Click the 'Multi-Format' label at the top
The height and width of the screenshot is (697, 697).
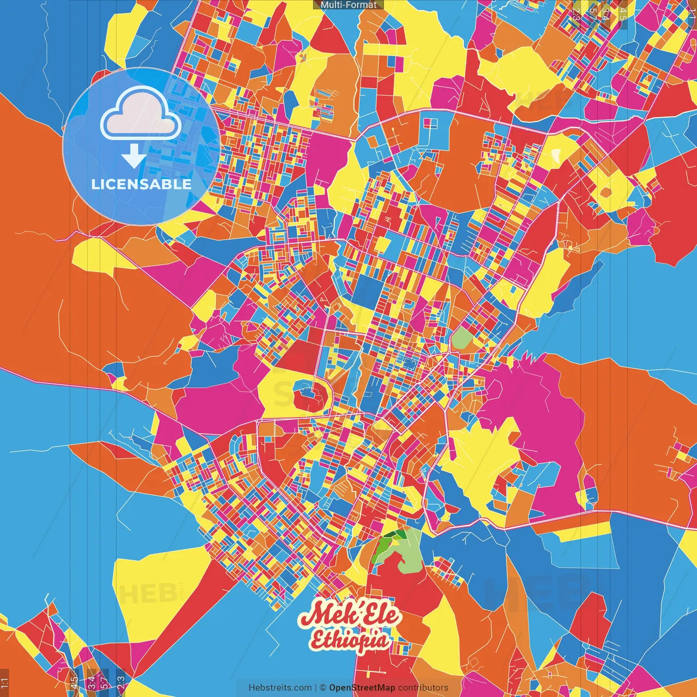[x=348, y=5]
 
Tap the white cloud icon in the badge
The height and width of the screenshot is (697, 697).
[x=140, y=114]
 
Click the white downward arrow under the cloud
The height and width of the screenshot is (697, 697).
[x=133, y=157]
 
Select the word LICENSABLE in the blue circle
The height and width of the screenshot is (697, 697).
[x=142, y=184]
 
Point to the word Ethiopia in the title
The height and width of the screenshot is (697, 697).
[x=351, y=640]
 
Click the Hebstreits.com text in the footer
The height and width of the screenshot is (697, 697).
[x=280, y=688]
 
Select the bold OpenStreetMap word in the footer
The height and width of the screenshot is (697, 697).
[x=362, y=688]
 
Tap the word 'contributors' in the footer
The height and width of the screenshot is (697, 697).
[x=423, y=688]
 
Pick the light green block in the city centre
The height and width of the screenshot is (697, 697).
[x=460, y=338]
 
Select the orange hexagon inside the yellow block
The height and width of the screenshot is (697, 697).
[x=606, y=192]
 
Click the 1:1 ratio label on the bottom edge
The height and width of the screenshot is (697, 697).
[x=5, y=683]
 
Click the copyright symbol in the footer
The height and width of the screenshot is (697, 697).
[x=322, y=688]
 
